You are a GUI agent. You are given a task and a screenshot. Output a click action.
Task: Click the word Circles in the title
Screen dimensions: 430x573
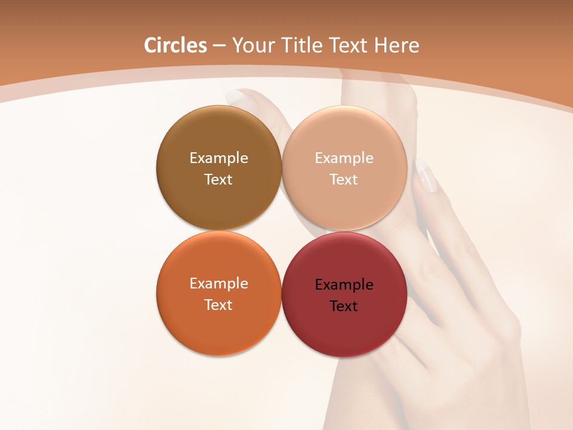click(175, 45)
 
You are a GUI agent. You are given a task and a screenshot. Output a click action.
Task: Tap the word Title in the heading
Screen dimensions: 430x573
click(304, 45)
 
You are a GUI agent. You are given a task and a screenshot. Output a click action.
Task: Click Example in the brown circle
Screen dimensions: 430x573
click(218, 158)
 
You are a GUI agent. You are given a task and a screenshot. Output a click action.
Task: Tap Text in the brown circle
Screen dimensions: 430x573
click(218, 180)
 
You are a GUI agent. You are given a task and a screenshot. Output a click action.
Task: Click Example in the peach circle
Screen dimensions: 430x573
click(344, 158)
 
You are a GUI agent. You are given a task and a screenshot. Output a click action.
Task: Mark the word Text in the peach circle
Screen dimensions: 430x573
click(344, 180)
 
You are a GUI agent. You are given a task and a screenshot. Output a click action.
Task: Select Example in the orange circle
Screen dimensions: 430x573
click(218, 284)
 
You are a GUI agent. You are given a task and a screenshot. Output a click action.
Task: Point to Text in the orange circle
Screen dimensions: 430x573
click(218, 305)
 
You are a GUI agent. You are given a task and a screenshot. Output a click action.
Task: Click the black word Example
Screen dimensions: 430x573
click(344, 285)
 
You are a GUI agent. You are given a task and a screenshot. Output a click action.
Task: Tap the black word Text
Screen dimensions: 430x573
click(344, 306)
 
